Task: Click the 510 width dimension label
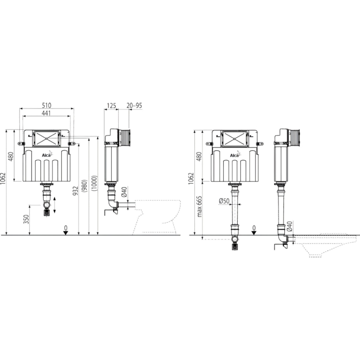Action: [x=47, y=105]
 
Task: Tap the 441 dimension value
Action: [x=46, y=113]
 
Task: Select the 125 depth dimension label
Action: [x=111, y=105]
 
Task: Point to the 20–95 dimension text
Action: [x=134, y=105]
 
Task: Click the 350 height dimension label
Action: [x=27, y=219]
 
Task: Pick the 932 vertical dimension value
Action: [x=76, y=191]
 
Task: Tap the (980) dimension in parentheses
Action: [x=85, y=186]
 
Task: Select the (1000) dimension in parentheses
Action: [x=94, y=183]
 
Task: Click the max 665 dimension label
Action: [x=199, y=207]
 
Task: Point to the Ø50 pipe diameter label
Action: [x=224, y=201]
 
